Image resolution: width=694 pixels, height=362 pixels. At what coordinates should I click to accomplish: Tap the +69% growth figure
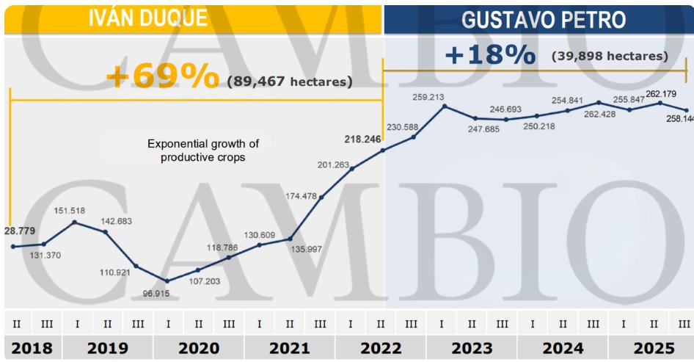162,76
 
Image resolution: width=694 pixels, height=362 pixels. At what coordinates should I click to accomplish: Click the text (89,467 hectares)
289,82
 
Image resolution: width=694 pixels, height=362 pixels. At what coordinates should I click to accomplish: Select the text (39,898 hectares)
610,57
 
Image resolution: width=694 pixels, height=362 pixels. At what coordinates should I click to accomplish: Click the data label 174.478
302,196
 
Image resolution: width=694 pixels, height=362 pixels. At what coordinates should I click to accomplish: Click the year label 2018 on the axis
32,347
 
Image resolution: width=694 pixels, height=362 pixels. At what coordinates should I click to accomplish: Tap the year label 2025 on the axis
649,347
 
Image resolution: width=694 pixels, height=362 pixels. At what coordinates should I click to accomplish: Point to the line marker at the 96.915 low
167,280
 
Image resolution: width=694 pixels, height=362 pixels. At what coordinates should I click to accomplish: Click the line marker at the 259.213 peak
444,106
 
